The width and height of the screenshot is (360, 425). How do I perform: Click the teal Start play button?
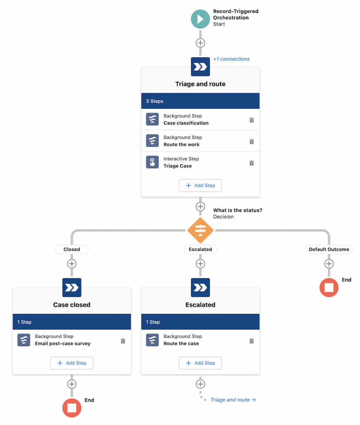tap(200, 19)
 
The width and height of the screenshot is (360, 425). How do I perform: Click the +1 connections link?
tap(231, 59)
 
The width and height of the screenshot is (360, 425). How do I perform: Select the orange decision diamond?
tap(200, 230)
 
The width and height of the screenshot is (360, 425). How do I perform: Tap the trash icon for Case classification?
tap(251, 120)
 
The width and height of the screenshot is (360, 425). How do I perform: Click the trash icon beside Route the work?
tap(251, 141)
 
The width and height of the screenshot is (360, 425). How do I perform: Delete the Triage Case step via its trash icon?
tap(251, 163)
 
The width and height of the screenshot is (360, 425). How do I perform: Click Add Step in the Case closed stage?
tap(72, 363)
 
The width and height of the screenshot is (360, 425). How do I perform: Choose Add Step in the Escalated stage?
tap(200, 363)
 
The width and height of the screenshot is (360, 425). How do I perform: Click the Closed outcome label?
tap(72, 249)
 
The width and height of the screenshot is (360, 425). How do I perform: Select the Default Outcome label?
tap(329, 249)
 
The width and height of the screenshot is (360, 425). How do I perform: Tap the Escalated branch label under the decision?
tap(200, 249)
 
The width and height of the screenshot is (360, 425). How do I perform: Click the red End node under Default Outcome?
tap(329, 288)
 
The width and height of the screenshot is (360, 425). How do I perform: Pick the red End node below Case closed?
tap(72, 408)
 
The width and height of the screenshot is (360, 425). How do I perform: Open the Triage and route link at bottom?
tap(233, 400)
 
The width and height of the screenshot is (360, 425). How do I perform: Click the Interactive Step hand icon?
tap(152, 162)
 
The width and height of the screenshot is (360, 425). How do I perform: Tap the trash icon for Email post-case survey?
tap(123, 341)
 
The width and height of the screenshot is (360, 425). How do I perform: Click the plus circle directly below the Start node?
tap(200, 43)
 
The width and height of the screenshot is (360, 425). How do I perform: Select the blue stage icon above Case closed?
tap(72, 287)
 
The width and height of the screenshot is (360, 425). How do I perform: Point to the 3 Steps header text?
tap(154, 101)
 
